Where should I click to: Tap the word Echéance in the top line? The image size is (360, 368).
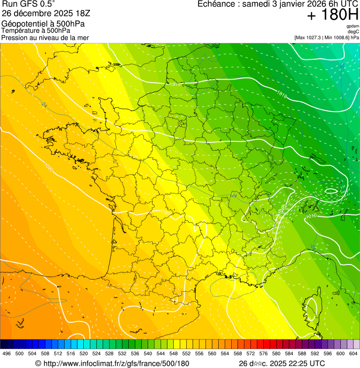[216, 4]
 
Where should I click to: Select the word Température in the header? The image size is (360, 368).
[22, 30]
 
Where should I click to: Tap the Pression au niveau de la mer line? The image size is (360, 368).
[45, 37]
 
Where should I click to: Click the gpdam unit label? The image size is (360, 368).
[353, 26]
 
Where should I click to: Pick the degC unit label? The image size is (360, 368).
[353, 31]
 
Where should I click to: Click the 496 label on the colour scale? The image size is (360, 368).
[7, 353]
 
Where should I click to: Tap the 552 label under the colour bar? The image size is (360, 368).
[186, 353]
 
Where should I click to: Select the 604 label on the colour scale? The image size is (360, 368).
[353, 353]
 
